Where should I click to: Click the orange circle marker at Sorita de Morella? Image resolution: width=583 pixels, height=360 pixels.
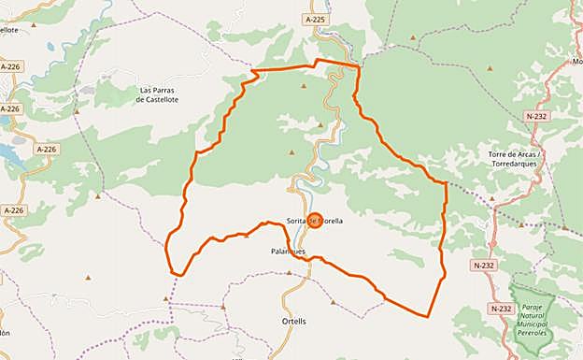(315, 222)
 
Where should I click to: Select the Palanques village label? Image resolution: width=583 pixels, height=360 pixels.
(287, 251)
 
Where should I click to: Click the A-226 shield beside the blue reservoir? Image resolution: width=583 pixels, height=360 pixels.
(46, 149)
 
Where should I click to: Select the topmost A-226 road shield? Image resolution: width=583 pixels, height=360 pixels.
(10, 67)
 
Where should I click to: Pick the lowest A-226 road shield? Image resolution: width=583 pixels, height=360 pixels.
(12, 211)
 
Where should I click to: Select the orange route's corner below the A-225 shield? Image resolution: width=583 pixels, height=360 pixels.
(357, 67)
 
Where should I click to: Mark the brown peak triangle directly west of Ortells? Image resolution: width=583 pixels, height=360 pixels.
(223, 307)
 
